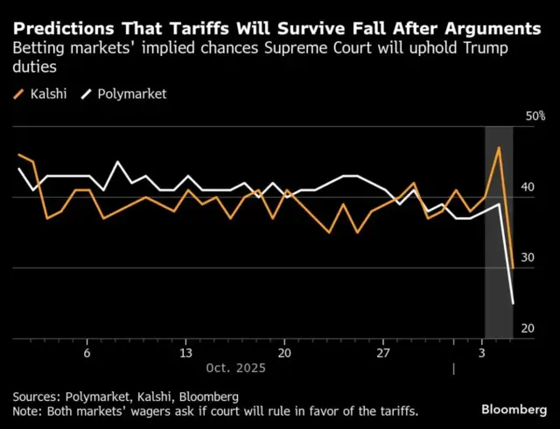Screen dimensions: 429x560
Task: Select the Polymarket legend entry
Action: tap(132, 94)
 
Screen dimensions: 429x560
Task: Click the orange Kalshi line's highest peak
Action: tap(498, 147)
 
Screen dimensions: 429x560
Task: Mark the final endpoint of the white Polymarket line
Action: tap(513, 304)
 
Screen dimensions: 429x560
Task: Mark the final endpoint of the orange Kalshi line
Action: tap(513, 268)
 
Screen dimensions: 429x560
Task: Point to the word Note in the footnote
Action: tap(28, 411)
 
